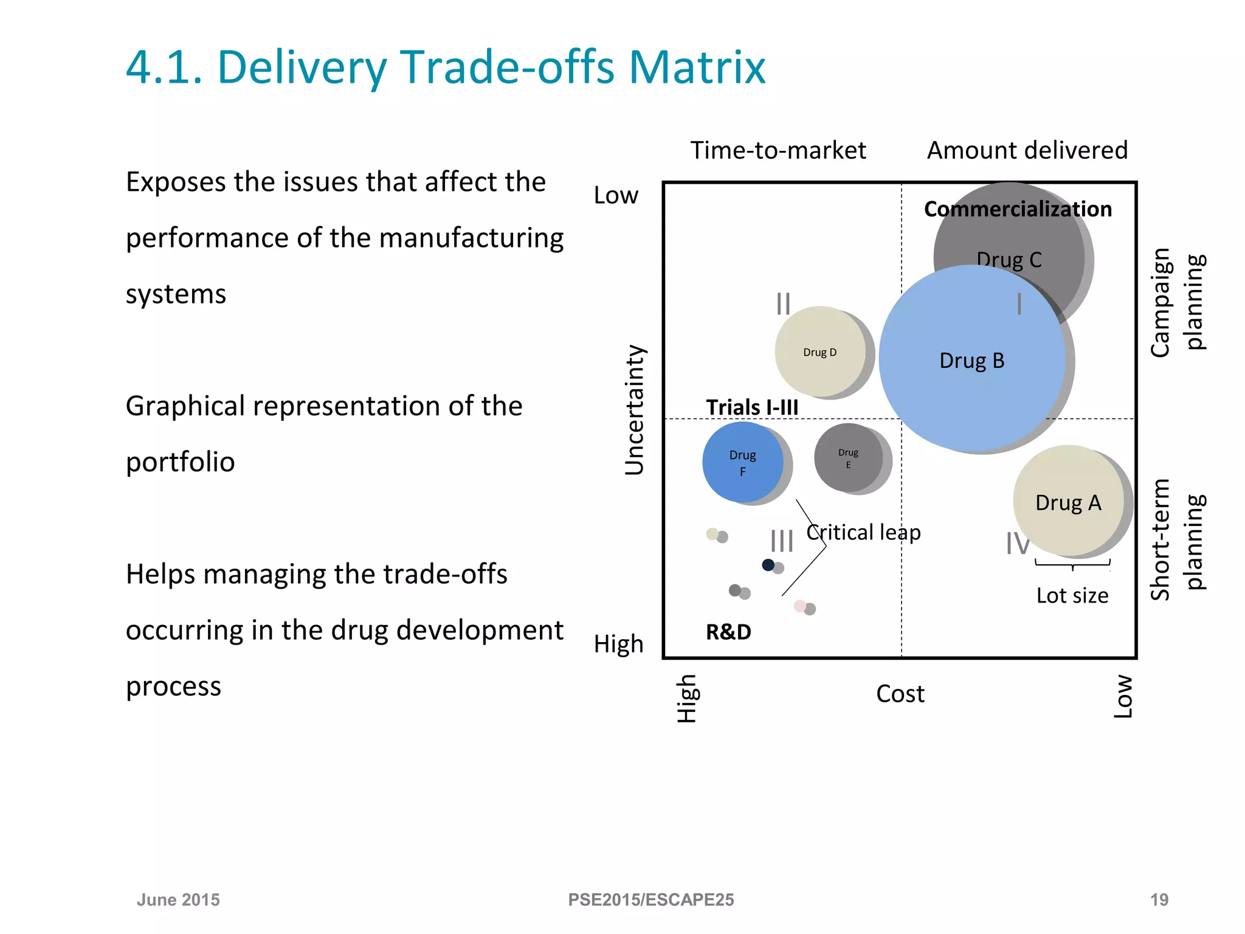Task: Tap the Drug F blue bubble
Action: [x=742, y=462]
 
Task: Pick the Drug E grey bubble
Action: [x=848, y=458]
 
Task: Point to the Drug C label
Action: [x=1009, y=260]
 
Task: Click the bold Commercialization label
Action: [x=1018, y=209]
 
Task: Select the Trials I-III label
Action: [x=752, y=407]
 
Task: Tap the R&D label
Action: [x=728, y=632]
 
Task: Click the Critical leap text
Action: [x=863, y=532]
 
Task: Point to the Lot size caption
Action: [x=1072, y=595]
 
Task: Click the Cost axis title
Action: [x=900, y=694]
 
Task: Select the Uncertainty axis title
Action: [x=634, y=410]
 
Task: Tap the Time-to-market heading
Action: [x=778, y=150]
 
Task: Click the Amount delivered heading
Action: [x=1027, y=150]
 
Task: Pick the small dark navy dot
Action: [x=768, y=565]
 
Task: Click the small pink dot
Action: [x=800, y=606]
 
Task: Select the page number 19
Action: [x=1159, y=899]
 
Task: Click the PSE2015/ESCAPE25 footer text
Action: [x=650, y=899]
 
